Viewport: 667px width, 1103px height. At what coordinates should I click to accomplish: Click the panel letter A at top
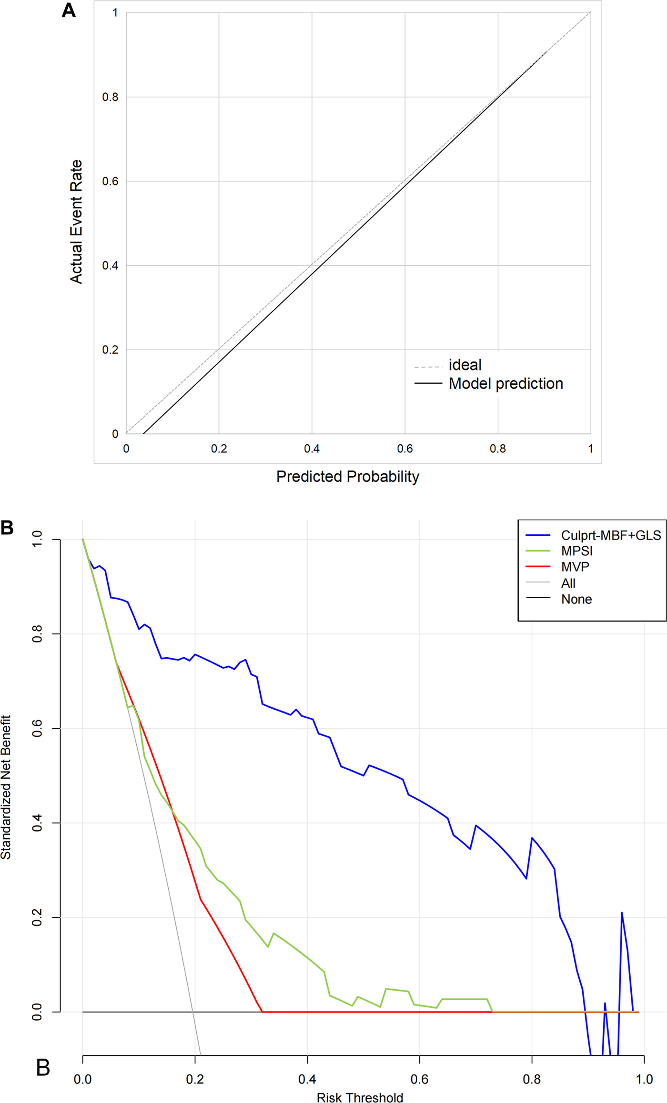pyautogui.click(x=69, y=10)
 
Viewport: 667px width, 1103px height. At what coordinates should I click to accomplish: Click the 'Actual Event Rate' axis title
pyautogui.click(x=76, y=222)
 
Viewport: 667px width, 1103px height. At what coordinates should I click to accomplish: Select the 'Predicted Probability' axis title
pyautogui.click(x=347, y=477)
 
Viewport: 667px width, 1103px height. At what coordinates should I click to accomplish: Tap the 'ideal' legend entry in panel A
pyautogui.click(x=465, y=365)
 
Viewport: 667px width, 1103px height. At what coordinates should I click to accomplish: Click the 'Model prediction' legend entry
pyautogui.click(x=505, y=384)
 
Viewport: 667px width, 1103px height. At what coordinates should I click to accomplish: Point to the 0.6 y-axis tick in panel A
pyautogui.click(x=111, y=181)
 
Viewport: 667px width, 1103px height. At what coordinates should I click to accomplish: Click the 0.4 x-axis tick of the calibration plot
pyautogui.click(x=312, y=449)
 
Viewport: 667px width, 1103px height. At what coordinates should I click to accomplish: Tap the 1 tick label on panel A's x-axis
pyautogui.click(x=590, y=449)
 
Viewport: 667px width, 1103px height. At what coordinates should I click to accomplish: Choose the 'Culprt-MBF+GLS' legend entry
pyautogui.click(x=611, y=535)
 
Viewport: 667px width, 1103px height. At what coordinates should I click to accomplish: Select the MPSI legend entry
pyautogui.click(x=576, y=551)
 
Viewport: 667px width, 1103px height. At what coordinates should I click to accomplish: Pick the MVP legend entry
pyautogui.click(x=575, y=567)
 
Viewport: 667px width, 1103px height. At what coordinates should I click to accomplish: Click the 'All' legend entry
pyautogui.click(x=568, y=583)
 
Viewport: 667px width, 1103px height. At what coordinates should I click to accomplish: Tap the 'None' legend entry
pyautogui.click(x=576, y=599)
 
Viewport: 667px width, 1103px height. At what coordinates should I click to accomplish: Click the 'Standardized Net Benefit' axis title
pyautogui.click(x=6, y=787)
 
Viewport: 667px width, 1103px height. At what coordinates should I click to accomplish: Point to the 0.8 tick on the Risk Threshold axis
pyautogui.click(x=532, y=1079)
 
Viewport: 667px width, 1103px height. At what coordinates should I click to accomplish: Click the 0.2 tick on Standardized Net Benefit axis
pyautogui.click(x=37, y=917)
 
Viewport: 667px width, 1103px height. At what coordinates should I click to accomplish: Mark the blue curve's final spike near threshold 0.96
pyautogui.click(x=622, y=913)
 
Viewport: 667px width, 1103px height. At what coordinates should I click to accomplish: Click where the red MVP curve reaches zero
pyautogui.click(x=262, y=1012)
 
